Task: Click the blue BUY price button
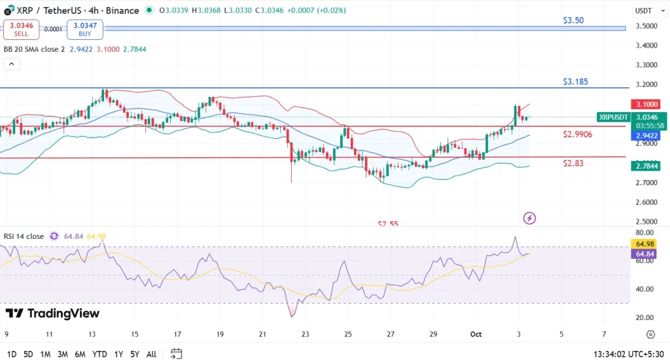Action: pyautogui.click(x=85, y=29)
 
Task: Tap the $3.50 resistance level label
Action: pyautogui.click(x=573, y=20)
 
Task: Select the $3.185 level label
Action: pyautogui.click(x=576, y=82)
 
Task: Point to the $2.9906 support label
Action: pyautogui.click(x=578, y=134)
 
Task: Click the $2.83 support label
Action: pyautogui.click(x=573, y=163)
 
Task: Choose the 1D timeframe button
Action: pyautogui.click(x=12, y=354)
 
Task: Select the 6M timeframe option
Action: pyautogui.click(x=80, y=354)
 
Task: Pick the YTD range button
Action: pyautogui.click(x=99, y=354)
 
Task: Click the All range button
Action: pyautogui.click(x=151, y=354)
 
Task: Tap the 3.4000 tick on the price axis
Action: pyautogui.click(x=647, y=45)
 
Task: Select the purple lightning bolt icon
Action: pyautogui.click(x=530, y=217)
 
